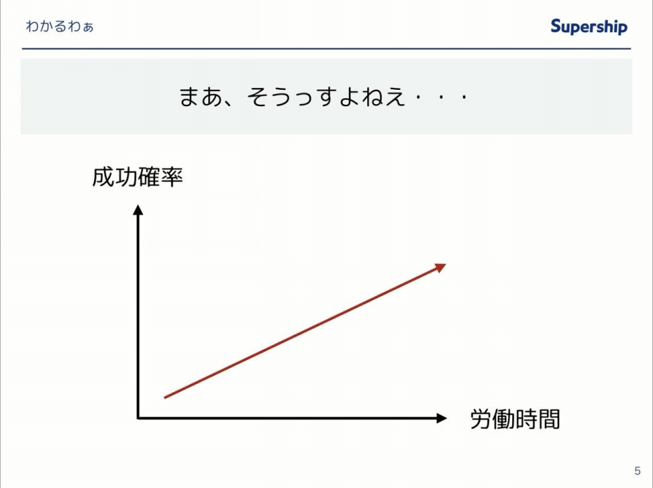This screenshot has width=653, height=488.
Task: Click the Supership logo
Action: [589, 27]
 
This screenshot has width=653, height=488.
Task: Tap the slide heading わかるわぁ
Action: [60, 27]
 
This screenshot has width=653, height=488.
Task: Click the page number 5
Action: [637, 471]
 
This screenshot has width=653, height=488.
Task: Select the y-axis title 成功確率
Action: [137, 177]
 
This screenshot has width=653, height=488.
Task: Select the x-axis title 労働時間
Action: [515, 419]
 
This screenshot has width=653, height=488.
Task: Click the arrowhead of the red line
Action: [441, 267]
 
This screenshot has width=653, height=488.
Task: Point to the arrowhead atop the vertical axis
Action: [138, 209]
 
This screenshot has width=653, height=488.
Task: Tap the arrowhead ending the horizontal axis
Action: [441, 418]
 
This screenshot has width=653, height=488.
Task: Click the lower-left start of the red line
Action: [165, 397]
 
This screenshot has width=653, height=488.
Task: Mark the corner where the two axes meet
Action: [138, 418]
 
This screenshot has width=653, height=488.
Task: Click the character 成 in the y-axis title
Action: [103, 177]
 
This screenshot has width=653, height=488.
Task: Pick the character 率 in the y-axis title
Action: [172, 177]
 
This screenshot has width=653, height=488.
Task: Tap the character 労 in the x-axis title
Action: [482, 419]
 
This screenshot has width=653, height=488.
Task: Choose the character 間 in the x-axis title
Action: [549, 419]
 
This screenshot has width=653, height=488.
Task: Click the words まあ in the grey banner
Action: [201, 96]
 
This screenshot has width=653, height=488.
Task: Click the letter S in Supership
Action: [556, 26]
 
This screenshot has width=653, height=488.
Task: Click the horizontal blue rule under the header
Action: [326, 49]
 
